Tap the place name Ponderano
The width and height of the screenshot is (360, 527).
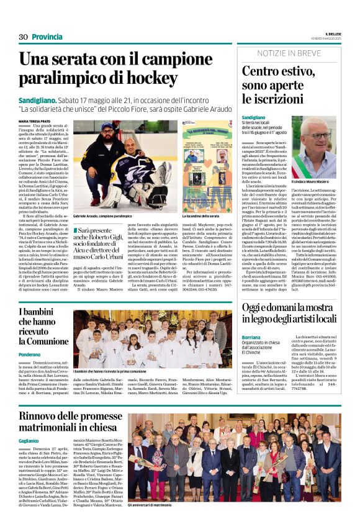point(29,354)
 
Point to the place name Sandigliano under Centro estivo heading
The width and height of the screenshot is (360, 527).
point(255,117)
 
